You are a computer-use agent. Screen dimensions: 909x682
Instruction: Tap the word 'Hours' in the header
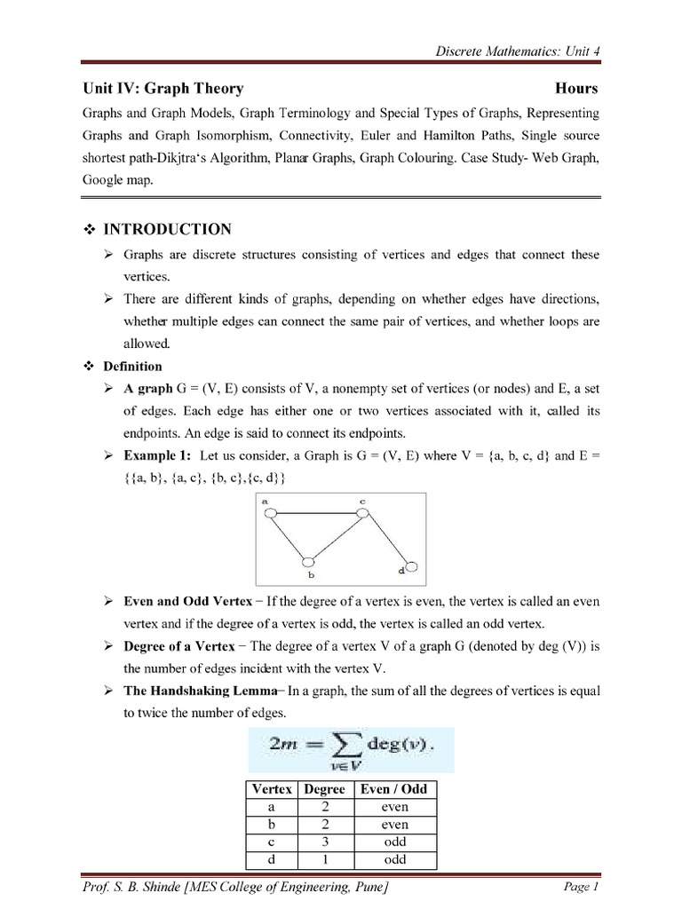(x=576, y=89)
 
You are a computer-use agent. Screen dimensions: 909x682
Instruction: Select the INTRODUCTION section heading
(x=167, y=229)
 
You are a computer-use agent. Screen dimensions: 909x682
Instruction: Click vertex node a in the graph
(x=272, y=512)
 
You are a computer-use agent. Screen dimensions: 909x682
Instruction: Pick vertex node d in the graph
(x=412, y=565)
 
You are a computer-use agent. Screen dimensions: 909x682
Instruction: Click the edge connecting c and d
(x=387, y=539)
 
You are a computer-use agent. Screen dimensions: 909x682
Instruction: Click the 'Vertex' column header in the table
(x=272, y=789)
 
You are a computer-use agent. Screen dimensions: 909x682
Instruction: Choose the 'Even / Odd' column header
(x=394, y=789)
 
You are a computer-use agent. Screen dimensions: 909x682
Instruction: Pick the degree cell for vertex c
(x=324, y=842)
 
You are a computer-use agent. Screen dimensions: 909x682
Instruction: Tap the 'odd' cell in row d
(x=394, y=859)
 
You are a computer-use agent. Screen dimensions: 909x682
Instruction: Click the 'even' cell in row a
(x=394, y=807)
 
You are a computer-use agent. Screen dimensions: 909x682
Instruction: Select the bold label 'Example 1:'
(x=157, y=455)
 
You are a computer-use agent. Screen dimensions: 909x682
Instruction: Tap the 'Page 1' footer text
(x=583, y=887)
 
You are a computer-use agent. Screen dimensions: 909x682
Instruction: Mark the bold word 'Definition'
(x=132, y=366)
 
